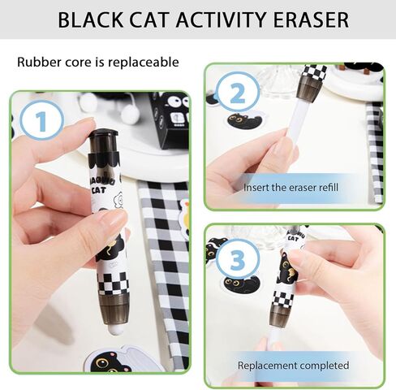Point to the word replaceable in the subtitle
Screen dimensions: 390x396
pos(146,62)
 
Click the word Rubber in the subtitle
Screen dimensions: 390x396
pos(36,62)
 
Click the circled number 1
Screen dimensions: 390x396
pos(33,123)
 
